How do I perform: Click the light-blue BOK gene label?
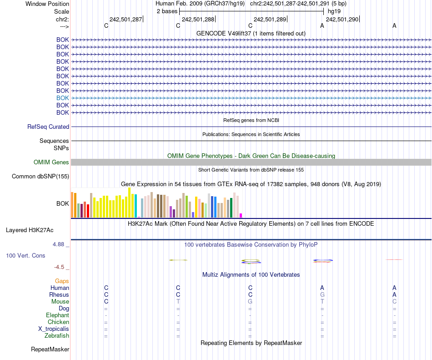[x=63, y=98]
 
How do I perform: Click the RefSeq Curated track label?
[x=48, y=127]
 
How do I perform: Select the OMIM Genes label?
[x=51, y=162]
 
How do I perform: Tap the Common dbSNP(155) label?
[x=40, y=177]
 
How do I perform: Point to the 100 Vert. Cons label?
[x=25, y=256]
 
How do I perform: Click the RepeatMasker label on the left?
[x=50, y=350]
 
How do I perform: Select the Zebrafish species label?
[x=57, y=336]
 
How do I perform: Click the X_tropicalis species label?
[x=54, y=329]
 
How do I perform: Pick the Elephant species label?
[x=57, y=315]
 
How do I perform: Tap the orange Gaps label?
[x=62, y=281]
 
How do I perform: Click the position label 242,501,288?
[x=198, y=19]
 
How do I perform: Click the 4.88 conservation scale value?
[x=60, y=244]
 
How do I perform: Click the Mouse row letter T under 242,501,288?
[x=178, y=302]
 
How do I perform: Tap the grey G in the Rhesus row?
[x=322, y=295]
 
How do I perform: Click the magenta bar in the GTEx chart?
[x=241, y=215]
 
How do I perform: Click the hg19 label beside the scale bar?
[x=334, y=11]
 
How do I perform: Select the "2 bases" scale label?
[x=166, y=11]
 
